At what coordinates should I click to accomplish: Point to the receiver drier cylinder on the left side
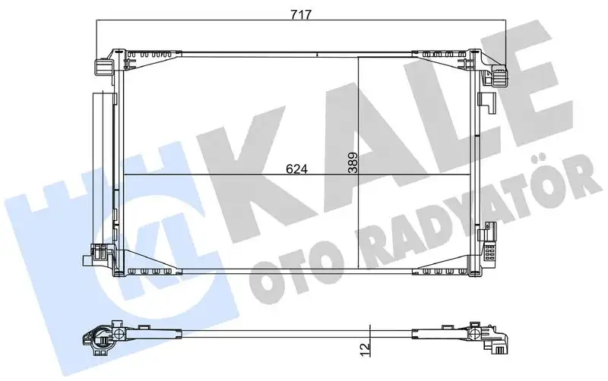(x=100, y=167)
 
